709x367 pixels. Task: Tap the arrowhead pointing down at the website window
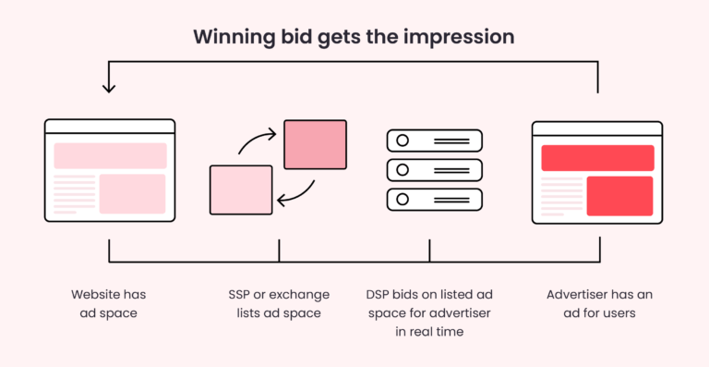click(109, 87)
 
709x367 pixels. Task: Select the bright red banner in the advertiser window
click(597, 157)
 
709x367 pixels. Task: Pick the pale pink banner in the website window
click(110, 155)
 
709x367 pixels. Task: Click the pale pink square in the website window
click(132, 193)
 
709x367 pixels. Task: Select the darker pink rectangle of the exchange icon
click(315, 144)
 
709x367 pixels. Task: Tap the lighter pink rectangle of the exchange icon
click(241, 189)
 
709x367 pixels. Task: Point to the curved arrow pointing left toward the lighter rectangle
click(297, 192)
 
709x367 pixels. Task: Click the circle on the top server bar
click(403, 141)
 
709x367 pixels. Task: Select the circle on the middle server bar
click(403, 169)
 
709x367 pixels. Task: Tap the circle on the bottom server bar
click(403, 198)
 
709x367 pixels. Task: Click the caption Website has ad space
click(109, 303)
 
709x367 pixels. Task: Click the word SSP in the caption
click(241, 295)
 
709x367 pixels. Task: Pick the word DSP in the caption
click(379, 295)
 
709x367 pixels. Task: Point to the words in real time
click(430, 332)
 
